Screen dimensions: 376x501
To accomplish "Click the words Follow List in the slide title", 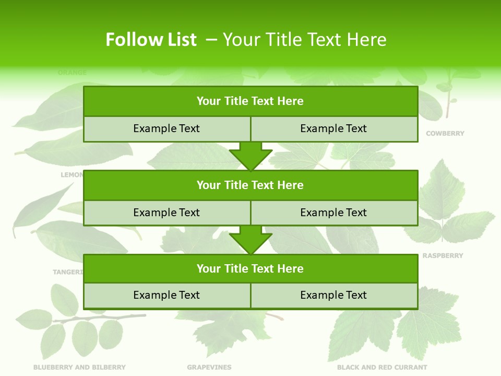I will [151, 40].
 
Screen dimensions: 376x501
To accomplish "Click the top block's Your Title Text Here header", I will [250, 101].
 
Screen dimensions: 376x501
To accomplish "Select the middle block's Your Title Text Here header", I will [250, 185].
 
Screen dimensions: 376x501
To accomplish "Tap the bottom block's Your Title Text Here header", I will [250, 268].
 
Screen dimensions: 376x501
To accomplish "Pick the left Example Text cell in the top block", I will [166, 128].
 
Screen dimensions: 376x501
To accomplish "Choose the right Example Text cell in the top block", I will [333, 128].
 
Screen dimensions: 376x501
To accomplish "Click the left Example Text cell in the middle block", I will [166, 213].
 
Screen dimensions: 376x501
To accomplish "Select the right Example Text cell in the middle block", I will [333, 213].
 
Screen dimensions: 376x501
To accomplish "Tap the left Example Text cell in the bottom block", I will [166, 295].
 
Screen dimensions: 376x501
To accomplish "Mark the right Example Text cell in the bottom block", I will [333, 295].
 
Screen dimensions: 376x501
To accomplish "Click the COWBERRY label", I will [445, 134].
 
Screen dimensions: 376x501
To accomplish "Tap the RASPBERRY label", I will [443, 256].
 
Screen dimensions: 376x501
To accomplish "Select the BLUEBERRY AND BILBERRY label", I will [79, 367].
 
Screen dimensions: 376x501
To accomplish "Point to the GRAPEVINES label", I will [209, 367].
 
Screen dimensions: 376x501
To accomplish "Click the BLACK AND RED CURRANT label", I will [382, 367].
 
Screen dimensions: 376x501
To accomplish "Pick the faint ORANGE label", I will [72, 73].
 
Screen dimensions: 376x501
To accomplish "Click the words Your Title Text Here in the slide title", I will [305, 40].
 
